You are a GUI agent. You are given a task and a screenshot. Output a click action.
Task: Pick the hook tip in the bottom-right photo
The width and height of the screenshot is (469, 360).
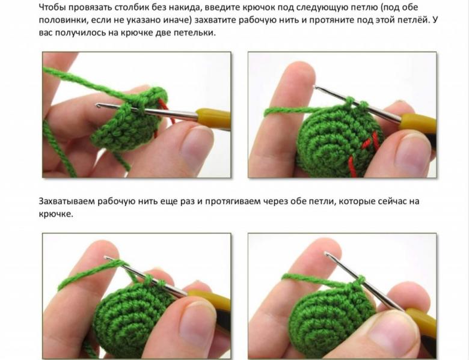(326, 254)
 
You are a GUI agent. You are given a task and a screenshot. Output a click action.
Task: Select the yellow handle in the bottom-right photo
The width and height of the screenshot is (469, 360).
(421, 322)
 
